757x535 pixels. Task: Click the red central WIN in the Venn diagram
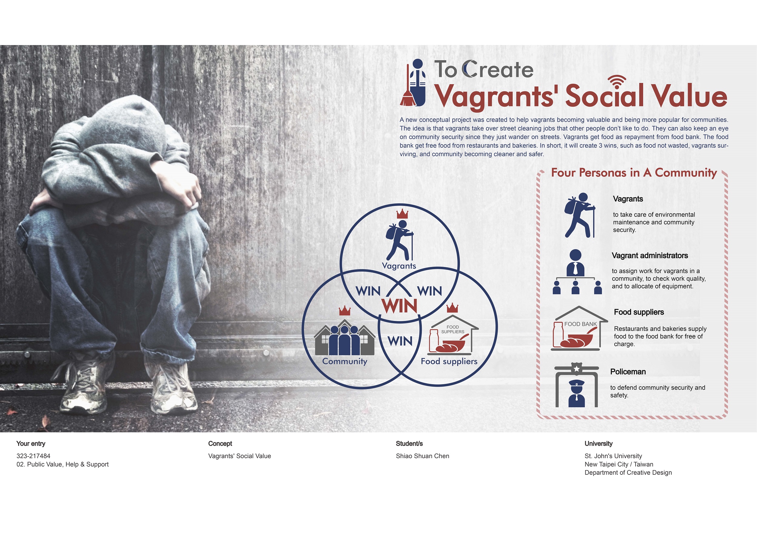tap(399, 305)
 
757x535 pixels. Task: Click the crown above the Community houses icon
tap(345, 311)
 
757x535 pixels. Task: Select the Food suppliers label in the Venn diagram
tap(449, 361)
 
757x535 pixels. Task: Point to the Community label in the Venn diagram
tap(345, 362)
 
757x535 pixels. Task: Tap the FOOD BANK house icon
tap(579, 328)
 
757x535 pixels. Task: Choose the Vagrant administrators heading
tap(650, 256)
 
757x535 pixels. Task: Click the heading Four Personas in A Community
tap(634, 173)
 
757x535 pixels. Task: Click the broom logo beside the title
tap(413, 82)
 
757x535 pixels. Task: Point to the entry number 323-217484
tap(33, 456)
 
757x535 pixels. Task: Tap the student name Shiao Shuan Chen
tap(422, 456)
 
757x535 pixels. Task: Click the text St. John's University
tap(613, 456)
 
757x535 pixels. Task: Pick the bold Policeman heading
tap(628, 372)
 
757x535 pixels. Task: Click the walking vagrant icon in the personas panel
tap(580, 215)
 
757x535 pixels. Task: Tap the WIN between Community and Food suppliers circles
tap(400, 341)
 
